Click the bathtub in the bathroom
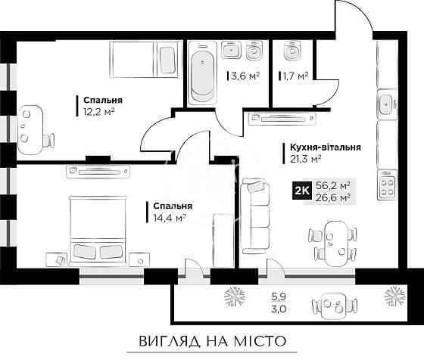201,74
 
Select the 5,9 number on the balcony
278,296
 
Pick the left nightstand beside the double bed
57,260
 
